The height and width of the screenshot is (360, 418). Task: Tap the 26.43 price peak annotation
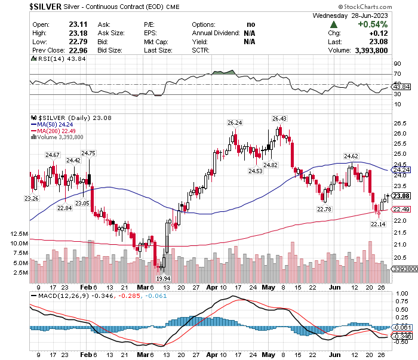[279, 118]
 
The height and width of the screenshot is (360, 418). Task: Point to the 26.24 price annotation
[235, 122]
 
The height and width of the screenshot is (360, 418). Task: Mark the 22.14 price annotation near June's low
[378, 224]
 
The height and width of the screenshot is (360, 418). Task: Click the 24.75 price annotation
[88, 153]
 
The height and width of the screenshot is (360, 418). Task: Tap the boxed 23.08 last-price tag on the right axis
[400, 195]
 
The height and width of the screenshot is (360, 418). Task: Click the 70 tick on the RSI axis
[397, 74]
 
